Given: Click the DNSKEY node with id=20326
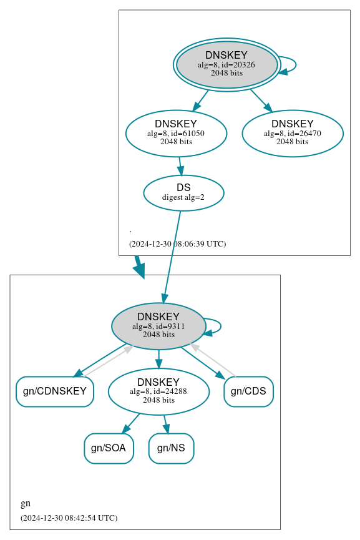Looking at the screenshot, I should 227,64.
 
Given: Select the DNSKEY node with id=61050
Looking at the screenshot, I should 176,133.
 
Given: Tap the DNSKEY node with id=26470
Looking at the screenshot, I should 292,133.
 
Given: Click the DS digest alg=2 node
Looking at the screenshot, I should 183,192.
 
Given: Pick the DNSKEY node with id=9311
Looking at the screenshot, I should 158,325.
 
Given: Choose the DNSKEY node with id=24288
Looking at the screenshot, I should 158,391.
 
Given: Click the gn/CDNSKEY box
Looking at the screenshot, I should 55,391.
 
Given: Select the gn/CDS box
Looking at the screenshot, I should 248,391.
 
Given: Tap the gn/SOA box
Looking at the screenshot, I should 109,448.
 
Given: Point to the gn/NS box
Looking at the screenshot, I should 171,448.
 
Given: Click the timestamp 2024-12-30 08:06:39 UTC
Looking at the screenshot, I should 177,244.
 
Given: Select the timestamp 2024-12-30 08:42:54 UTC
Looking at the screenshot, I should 69,518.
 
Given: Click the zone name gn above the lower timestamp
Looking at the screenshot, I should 26,504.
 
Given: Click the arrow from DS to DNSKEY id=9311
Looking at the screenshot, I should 172,256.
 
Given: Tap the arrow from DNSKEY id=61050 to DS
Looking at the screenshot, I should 180,166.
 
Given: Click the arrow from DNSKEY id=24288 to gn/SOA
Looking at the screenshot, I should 130,423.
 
